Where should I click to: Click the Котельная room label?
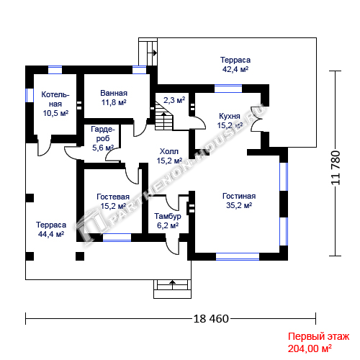[x=55, y=104]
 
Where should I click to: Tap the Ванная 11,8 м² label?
[x=114, y=98]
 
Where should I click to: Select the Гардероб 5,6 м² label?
[x=103, y=138]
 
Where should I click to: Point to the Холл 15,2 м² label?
[x=169, y=156]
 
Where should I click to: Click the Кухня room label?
[x=230, y=116]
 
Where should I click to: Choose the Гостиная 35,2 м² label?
[x=239, y=201]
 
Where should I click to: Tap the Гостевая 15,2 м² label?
[x=113, y=202]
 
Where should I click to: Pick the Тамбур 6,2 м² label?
[x=168, y=221]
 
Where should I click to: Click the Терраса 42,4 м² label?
[x=235, y=64]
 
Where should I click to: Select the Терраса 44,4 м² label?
[x=51, y=229]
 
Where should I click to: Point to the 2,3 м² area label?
[x=174, y=100]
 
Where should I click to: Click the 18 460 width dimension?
[x=211, y=319]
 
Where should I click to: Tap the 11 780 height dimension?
[x=336, y=168]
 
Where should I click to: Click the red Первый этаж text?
[x=318, y=336]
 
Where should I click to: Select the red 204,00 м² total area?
[x=310, y=348]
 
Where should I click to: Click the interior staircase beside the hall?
[x=164, y=116]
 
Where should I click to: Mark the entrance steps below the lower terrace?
[x=172, y=289]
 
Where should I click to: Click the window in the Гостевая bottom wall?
[x=117, y=238]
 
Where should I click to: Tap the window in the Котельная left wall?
[x=30, y=95]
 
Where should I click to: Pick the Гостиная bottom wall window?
[x=238, y=256]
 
